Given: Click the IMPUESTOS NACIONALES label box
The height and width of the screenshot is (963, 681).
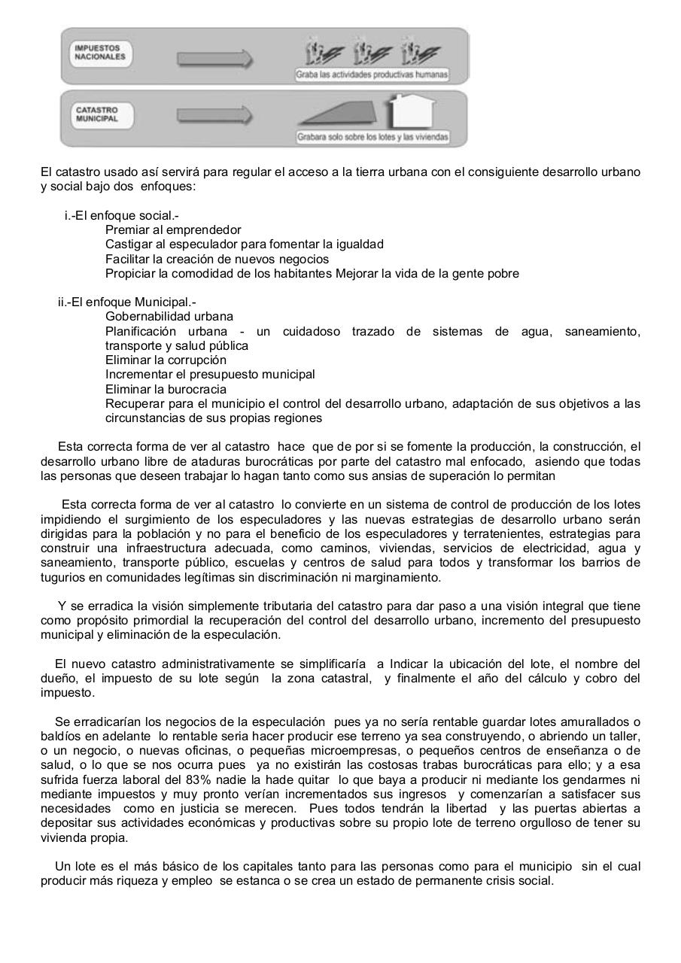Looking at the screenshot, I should click(x=100, y=53).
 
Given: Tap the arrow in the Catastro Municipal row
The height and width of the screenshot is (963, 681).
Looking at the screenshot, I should click(x=214, y=115).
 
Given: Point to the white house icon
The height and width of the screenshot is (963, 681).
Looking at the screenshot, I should click(x=410, y=112).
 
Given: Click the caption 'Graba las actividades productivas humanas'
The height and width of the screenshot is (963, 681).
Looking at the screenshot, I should click(x=372, y=74).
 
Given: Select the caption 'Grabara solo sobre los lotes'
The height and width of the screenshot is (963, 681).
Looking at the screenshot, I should click(x=372, y=137).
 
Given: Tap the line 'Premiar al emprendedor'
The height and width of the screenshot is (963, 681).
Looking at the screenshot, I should click(x=173, y=230).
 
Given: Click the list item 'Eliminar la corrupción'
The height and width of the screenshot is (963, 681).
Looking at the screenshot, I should click(x=166, y=360).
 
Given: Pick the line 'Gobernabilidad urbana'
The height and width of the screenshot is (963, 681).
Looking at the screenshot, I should click(x=169, y=317).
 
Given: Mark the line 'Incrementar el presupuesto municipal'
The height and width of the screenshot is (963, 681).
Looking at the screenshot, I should click(x=210, y=375).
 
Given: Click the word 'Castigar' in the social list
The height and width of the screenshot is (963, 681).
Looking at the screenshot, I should click(x=128, y=245).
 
